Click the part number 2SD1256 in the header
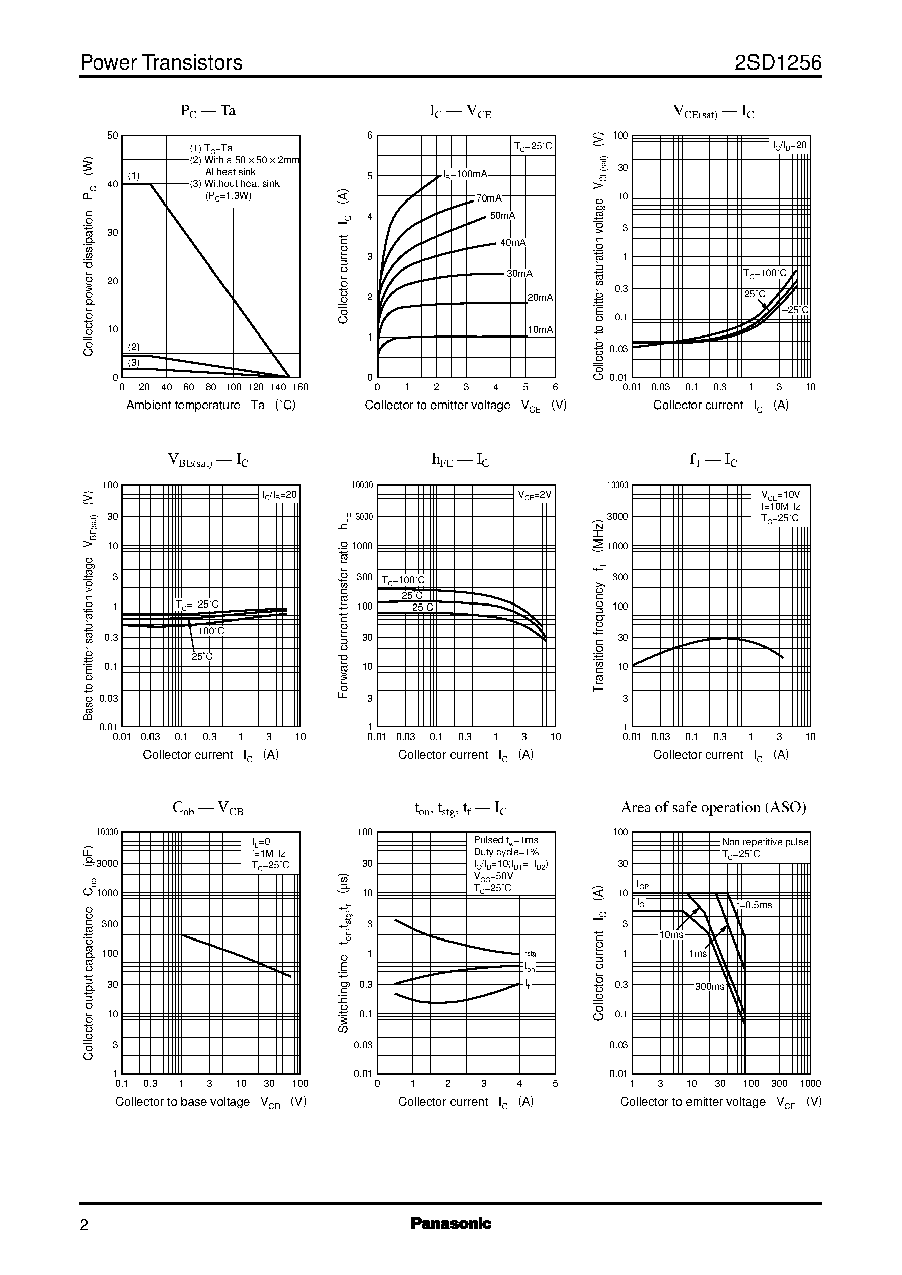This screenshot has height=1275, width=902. [778, 63]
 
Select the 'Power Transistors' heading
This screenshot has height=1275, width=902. [161, 63]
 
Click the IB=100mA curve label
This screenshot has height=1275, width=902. [465, 174]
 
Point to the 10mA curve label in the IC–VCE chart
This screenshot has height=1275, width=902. [540, 329]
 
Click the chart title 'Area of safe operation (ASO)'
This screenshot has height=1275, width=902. [713, 807]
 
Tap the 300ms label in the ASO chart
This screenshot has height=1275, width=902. [709, 986]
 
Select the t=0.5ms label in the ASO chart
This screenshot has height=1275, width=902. [754, 905]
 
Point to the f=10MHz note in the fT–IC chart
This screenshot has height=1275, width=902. [780, 506]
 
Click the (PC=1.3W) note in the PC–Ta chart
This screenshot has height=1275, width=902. [229, 196]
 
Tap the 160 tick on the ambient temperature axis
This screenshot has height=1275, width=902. [300, 387]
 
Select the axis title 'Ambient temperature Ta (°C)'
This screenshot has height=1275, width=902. [210, 405]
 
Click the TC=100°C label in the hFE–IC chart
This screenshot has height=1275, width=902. [403, 580]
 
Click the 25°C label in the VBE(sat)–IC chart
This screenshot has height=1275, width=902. [202, 656]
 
